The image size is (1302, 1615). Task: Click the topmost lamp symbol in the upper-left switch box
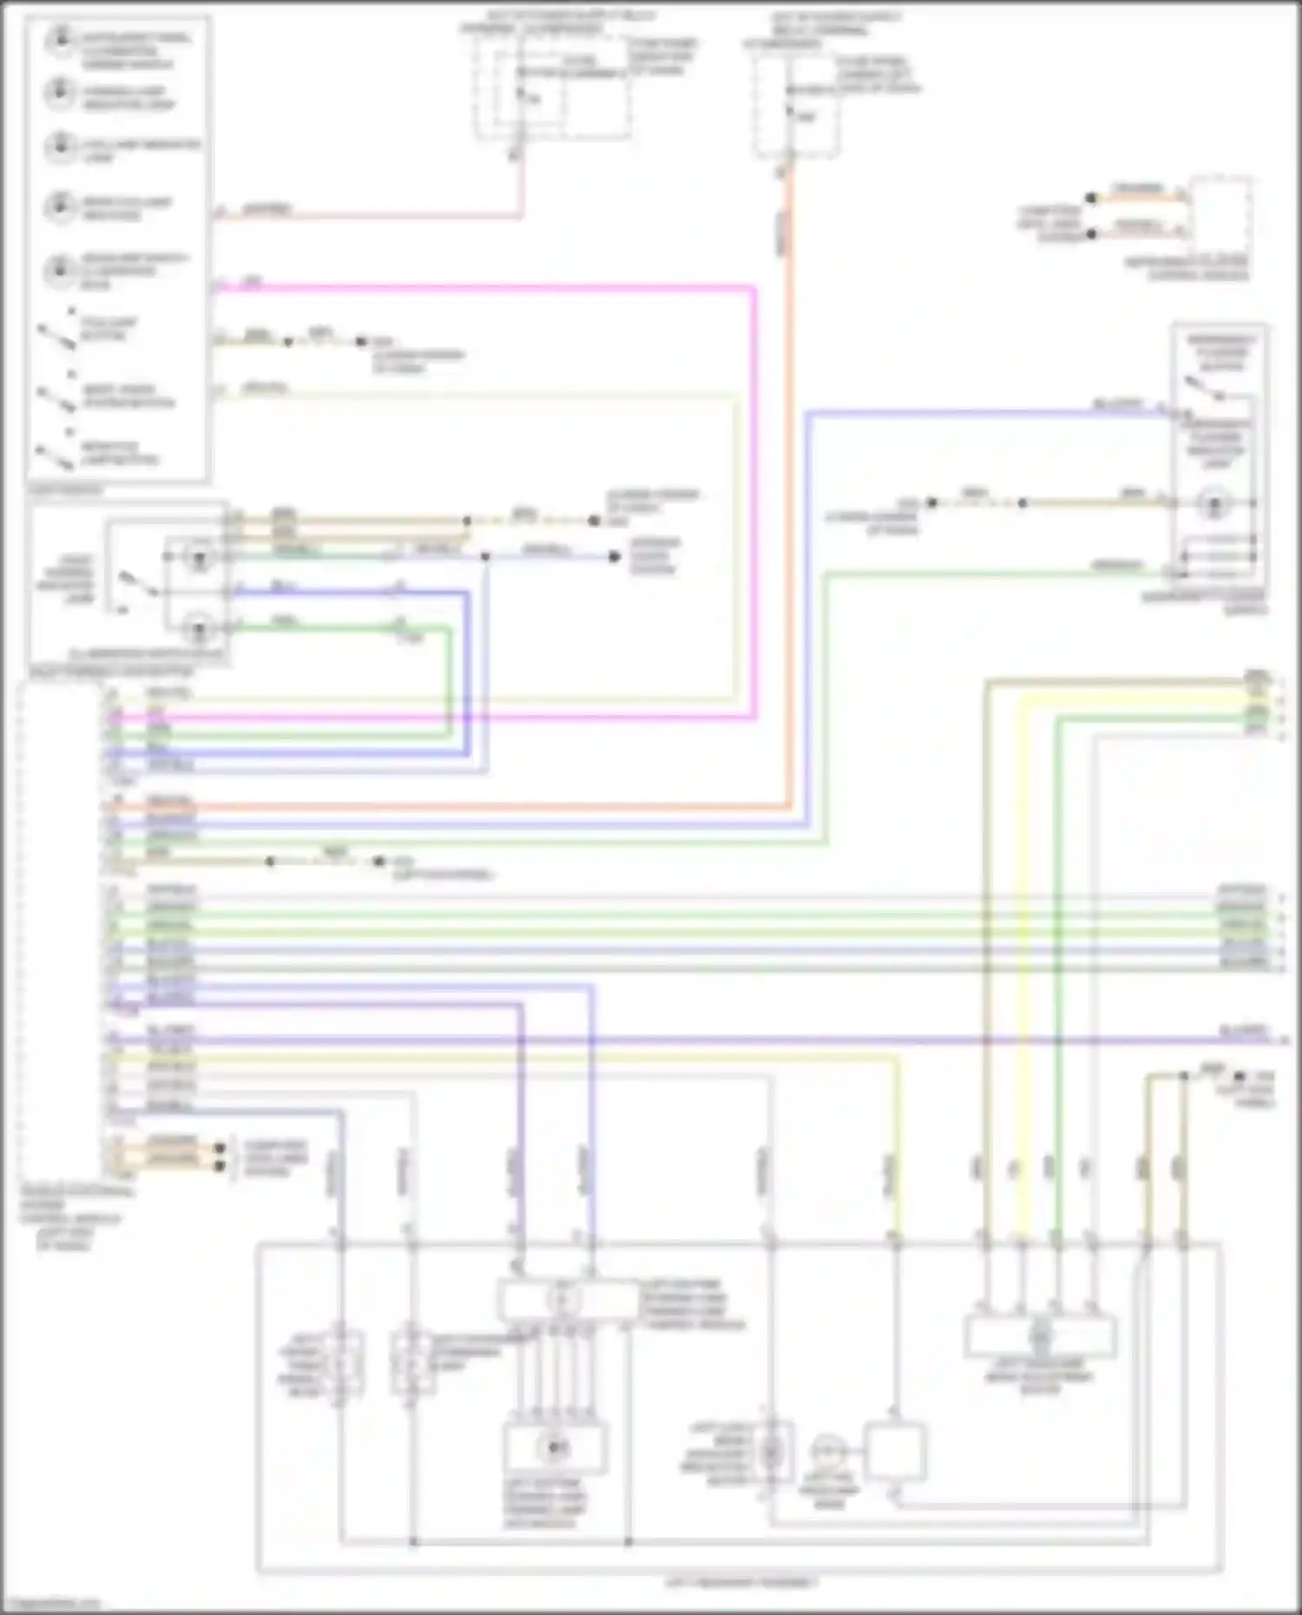tap(60, 40)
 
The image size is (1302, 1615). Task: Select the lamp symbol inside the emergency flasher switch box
tap(1213, 503)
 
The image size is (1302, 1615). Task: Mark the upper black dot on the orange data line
tap(1091, 198)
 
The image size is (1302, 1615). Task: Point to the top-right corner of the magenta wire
tap(753, 289)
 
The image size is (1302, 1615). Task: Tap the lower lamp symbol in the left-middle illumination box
tap(200, 627)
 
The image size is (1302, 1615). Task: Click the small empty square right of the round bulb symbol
tap(894, 1451)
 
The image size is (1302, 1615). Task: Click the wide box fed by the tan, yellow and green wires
tap(1040, 1336)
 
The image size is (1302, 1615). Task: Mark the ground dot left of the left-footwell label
tap(378, 862)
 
